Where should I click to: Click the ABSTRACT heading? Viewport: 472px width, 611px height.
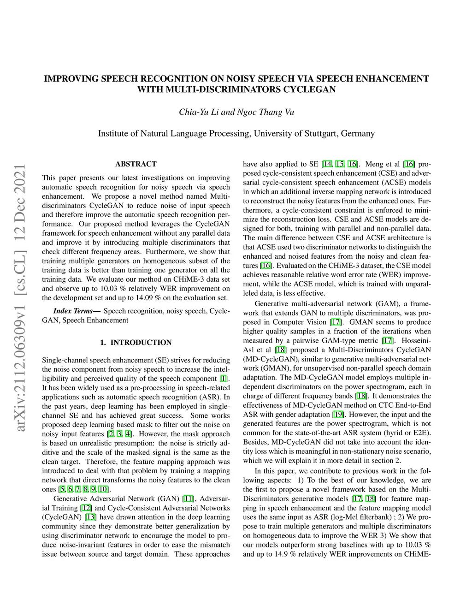136,164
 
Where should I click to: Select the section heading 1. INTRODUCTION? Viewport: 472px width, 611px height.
136,342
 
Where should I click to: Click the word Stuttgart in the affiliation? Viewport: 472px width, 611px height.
321,134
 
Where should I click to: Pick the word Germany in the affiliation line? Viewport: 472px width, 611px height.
358,134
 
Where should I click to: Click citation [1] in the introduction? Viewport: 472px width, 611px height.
224,379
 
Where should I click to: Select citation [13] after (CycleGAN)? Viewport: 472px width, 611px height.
90,517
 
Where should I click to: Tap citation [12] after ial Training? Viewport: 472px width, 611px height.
86,508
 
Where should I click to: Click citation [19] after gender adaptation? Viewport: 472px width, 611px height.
338,414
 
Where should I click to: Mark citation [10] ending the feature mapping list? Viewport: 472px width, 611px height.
104,489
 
